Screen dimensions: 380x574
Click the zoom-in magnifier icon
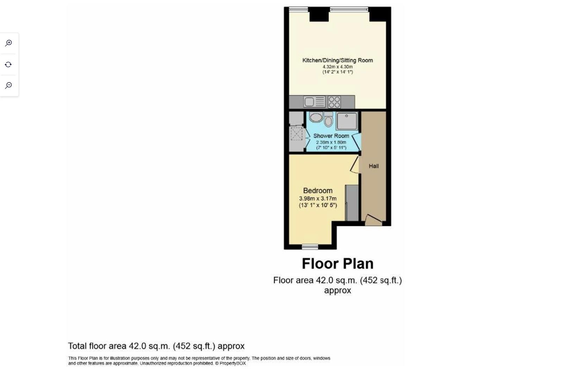pos(8,43)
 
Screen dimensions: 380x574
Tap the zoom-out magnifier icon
pos(8,85)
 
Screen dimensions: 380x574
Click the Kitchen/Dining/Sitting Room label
pos(337,60)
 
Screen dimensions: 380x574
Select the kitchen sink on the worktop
pos(309,102)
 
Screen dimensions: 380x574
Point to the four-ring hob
pos(334,102)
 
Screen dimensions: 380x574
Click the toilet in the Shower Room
pos(328,120)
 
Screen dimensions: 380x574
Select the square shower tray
pos(347,121)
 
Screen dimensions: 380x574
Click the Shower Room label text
pos(331,136)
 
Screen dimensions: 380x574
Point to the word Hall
pos(374,166)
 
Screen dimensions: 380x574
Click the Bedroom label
pos(318,191)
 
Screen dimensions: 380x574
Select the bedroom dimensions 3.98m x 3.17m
pos(318,198)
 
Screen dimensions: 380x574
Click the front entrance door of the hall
pos(373,221)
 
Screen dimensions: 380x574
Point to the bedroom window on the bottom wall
pos(310,247)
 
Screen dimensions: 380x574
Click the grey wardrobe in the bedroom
pos(352,203)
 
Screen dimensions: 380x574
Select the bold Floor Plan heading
pos(337,264)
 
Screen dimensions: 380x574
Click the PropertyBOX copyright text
pos(230,363)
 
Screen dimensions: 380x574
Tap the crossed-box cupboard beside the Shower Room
pos(296,134)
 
